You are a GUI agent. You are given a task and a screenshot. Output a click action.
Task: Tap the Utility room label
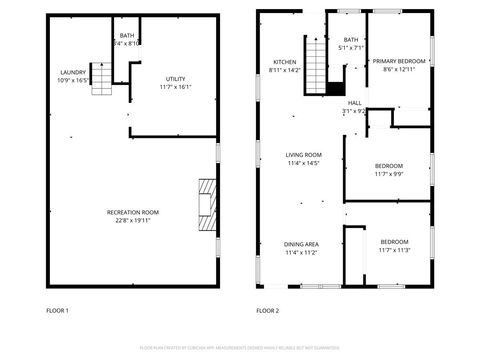(176, 78)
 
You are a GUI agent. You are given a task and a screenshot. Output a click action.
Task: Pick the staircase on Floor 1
(102, 78)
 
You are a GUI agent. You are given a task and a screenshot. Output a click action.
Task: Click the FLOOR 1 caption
(59, 311)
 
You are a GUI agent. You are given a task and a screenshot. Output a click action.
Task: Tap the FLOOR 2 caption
(267, 311)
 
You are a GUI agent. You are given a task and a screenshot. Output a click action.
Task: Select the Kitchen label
(285, 62)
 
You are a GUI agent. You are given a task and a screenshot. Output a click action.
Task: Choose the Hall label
(354, 103)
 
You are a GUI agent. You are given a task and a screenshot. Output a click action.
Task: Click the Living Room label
(302, 154)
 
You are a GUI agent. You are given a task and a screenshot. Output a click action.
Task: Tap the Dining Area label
(301, 244)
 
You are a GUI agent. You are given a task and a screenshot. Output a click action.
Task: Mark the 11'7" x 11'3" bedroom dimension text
(394, 250)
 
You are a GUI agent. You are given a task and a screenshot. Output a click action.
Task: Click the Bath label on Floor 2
(350, 40)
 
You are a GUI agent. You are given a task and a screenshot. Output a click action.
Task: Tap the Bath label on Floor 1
(127, 36)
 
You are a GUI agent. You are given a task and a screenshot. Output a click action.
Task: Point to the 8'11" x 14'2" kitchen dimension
(285, 71)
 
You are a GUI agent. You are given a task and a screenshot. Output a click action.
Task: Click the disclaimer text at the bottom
(240, 347)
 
